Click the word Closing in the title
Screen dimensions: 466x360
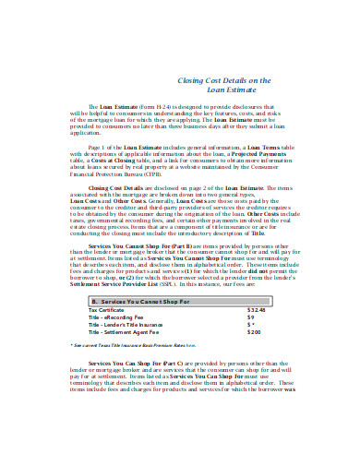(x=189, y=80)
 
